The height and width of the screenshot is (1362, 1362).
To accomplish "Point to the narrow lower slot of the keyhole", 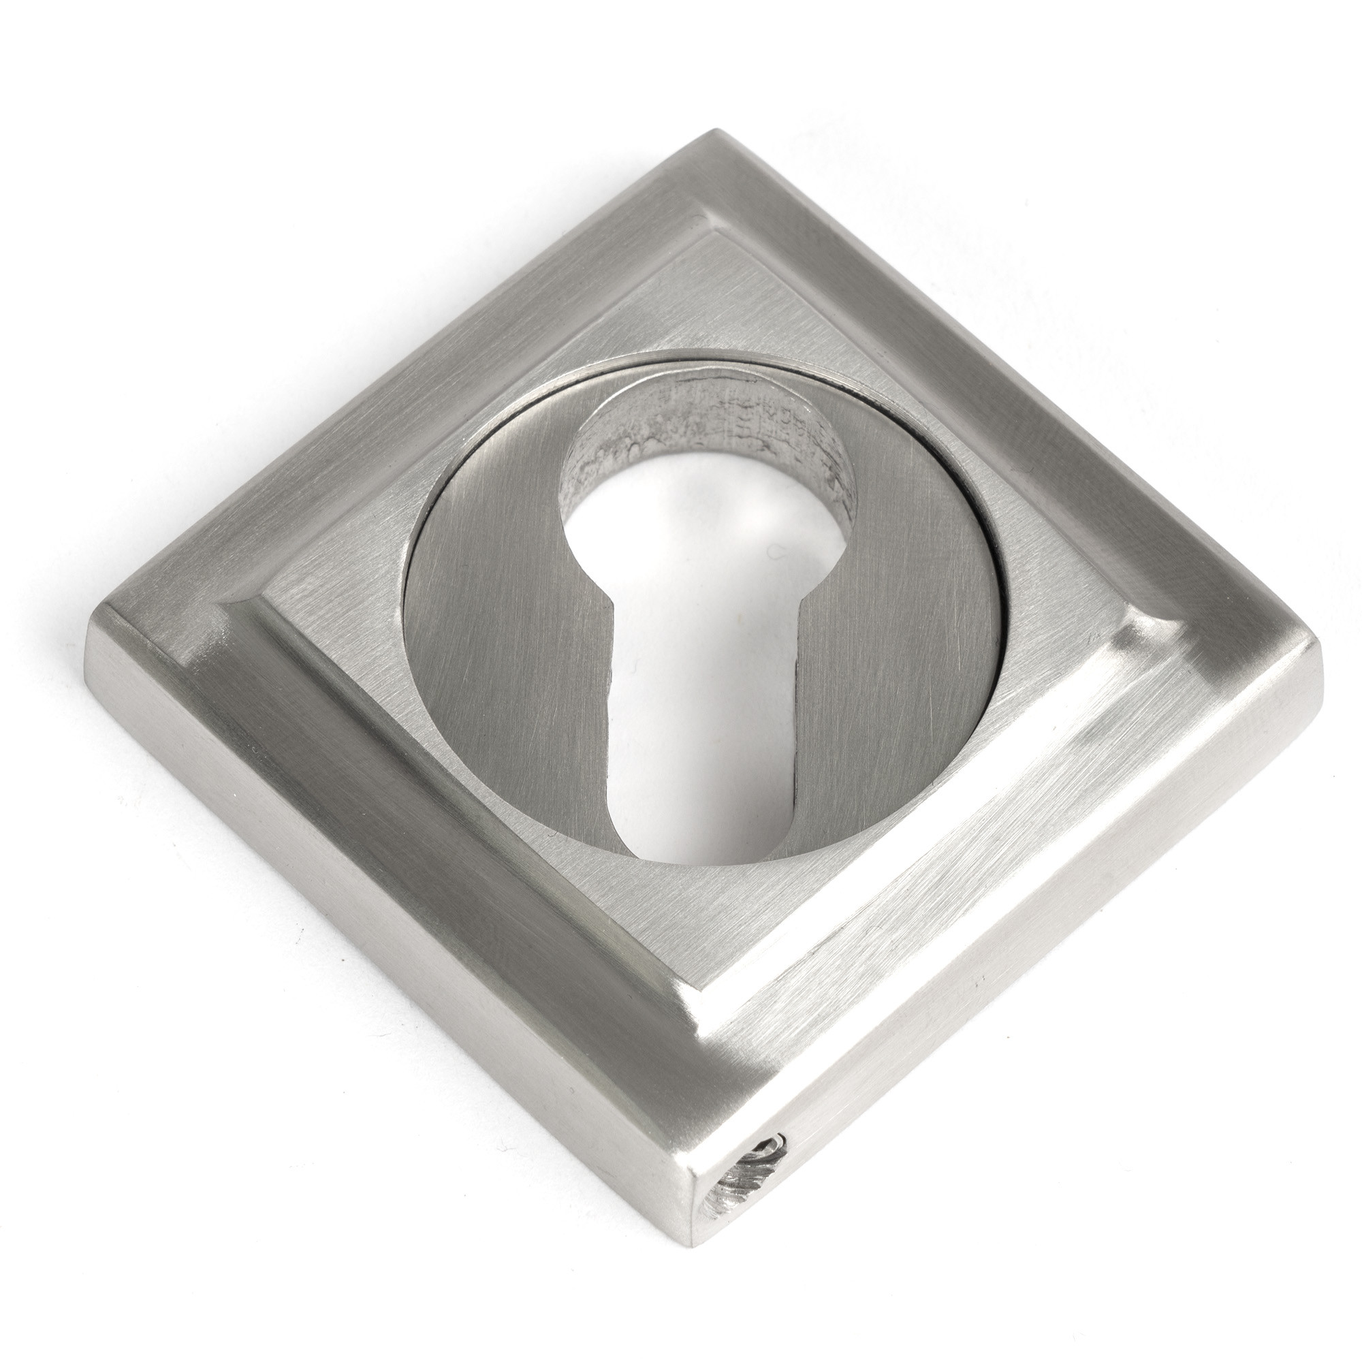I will click(705, 740).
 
